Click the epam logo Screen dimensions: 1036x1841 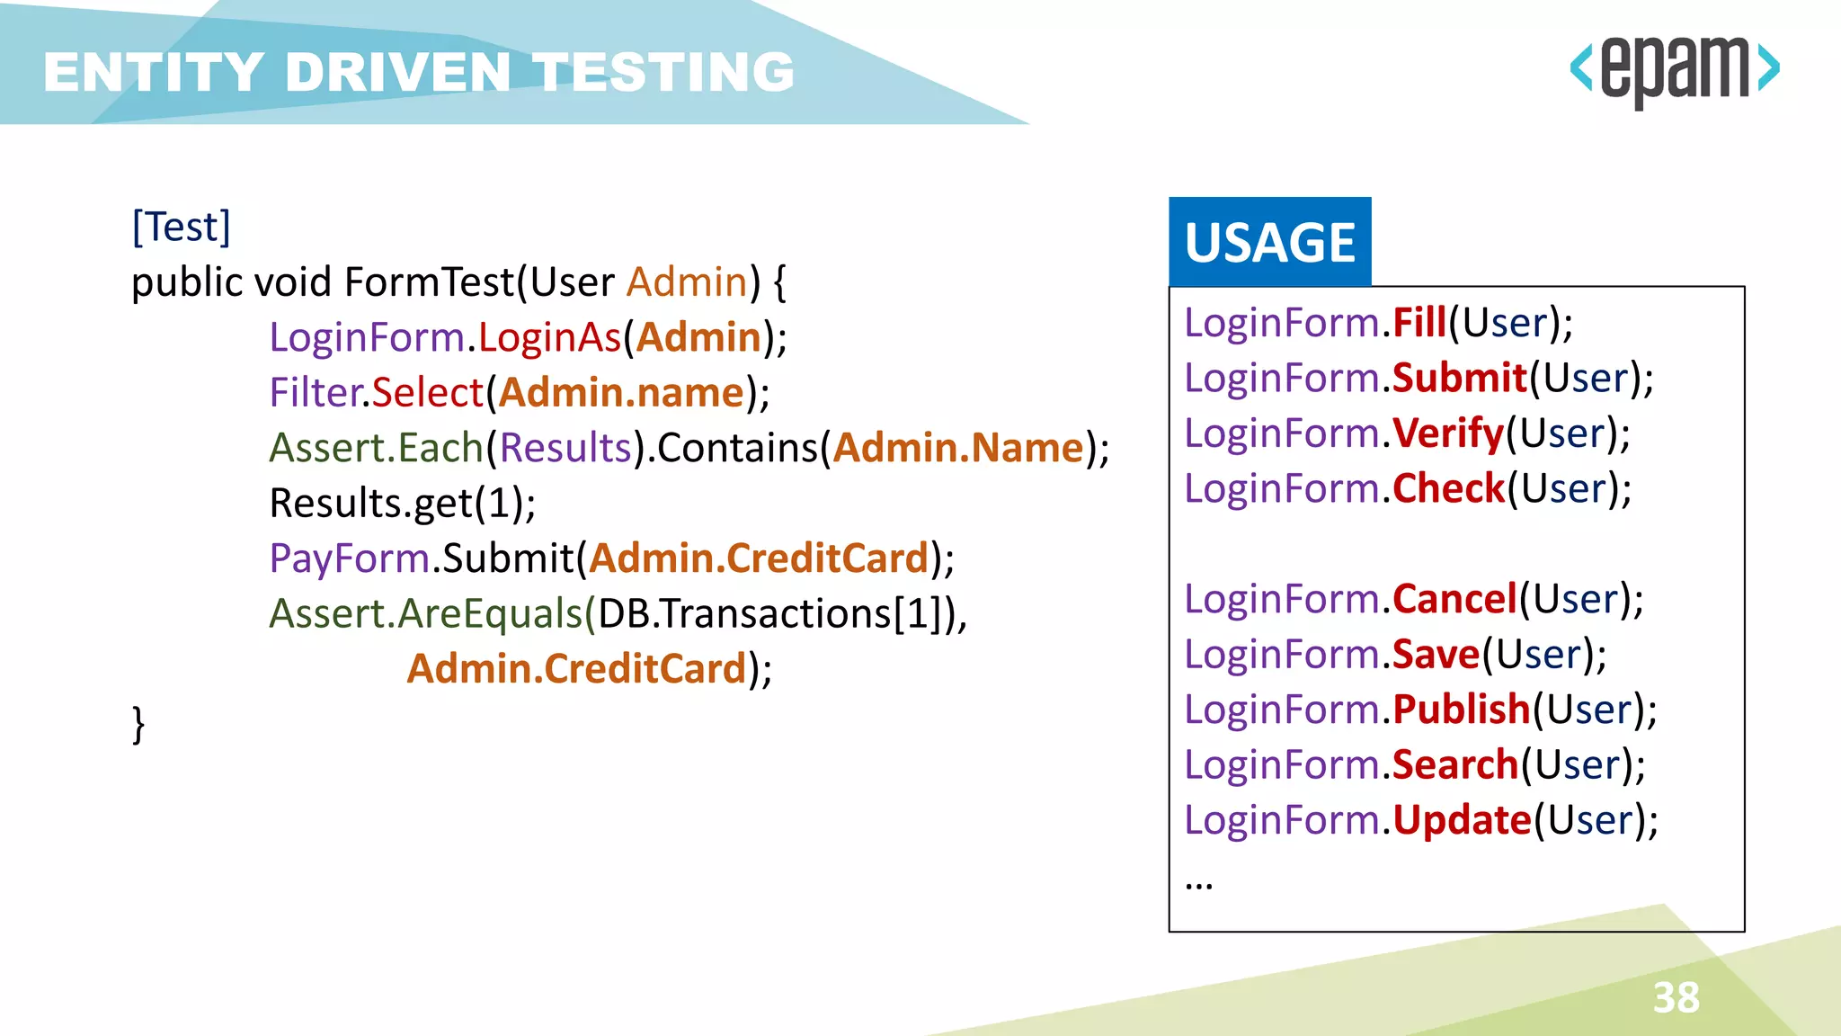pyautogui.click(x=1674, y=70)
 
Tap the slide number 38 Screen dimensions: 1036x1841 pyautogui.click(x=1676, y=997)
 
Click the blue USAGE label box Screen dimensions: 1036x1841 pyautogui.click(x=1269, y=242)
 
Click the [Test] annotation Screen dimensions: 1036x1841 pyautogui.click(x=181, y=227)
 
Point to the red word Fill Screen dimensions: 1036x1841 pyautogui.click(x=1419, y=323)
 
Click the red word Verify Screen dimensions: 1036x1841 pyautogui.click(x=1448, y=433)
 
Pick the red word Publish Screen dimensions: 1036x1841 pyautogui.click(x=1461, y=710)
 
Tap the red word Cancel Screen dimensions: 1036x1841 pyautogui.click(x=1454, y=599)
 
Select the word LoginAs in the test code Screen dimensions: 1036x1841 pyautogui.click(x=549, y=337)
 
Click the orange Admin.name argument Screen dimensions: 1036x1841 pyautogui.click(x=621, y=393)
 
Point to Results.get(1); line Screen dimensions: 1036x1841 pyautogui.click(x=402, y=504)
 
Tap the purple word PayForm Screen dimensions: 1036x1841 pyautogui.click(x=349, y=558)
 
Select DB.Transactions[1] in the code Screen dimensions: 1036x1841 pyautogui.click(x=775, y=614)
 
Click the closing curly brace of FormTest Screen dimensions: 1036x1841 pyautogui.click(x=138, y=724)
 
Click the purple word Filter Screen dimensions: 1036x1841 pyautogui.click(x=315, y=393)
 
